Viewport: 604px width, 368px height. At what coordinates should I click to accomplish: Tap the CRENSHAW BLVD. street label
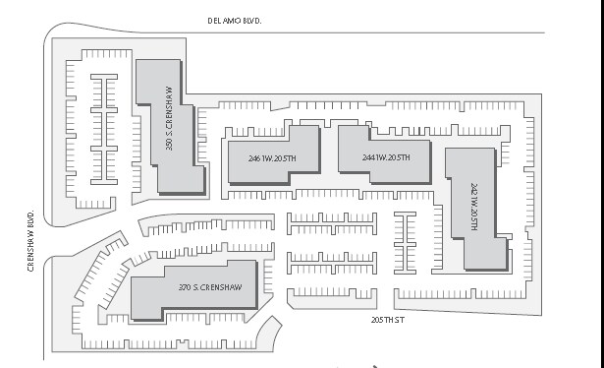pos(31,241)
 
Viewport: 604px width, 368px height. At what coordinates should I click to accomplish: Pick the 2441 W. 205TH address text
pos(379,157)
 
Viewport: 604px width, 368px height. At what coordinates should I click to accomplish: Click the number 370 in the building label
pos(185,287)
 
